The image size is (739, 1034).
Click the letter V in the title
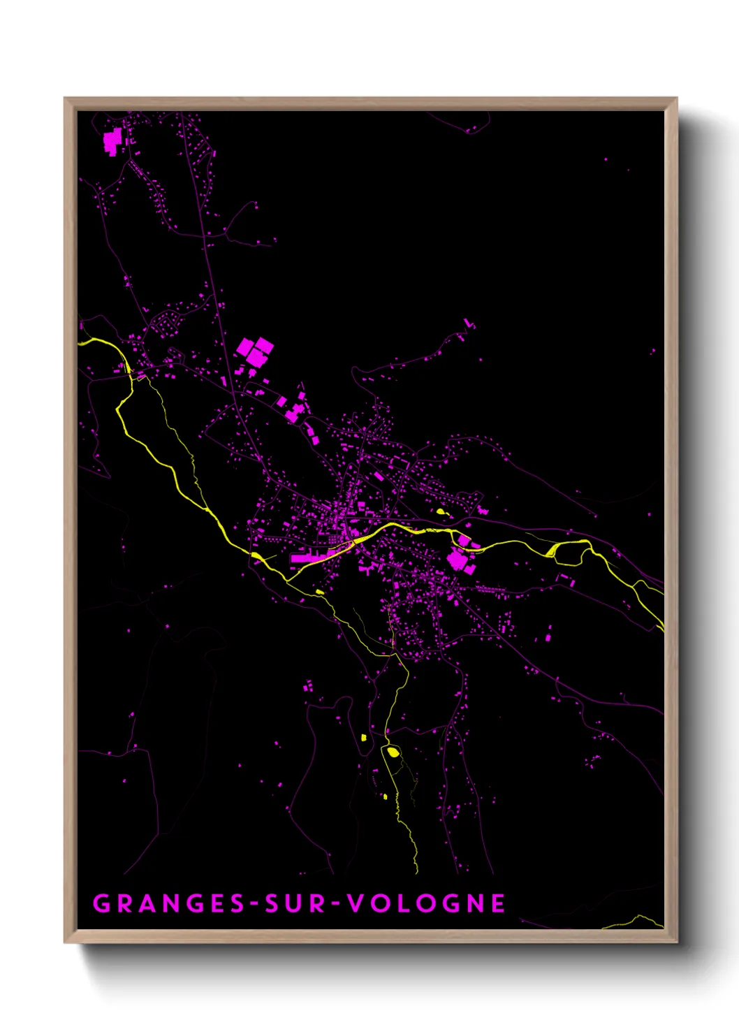pyautogui.click(x=356, y=903)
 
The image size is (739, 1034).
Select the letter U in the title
pyautogui.click(x=293, y=903)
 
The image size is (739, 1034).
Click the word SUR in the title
pyautogui.click(x=293, y=903)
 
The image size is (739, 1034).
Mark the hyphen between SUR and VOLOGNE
pyautogui.click(x=336, y=904)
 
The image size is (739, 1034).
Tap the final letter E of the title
pyautogui.click(x=498, y=903)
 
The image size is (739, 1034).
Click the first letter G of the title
pyautogui.click(x=101, y=903)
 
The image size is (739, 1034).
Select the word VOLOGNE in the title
pyautogui.click(x=427, y=903)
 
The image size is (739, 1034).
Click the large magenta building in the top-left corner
pyautogui.click(x=112, y=142)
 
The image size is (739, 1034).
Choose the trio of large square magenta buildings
pyautogui.click(x=255, y=351)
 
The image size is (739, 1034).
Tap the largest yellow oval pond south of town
pyautogui.click(x=393, y=752)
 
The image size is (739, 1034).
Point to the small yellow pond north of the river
pyautogui.click(x=441, y=511)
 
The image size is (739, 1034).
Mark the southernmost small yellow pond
pyautogui.click(x=385, y=796)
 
